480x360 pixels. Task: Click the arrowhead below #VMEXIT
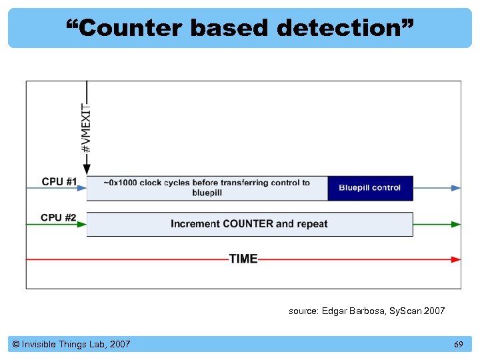tap(87, 170)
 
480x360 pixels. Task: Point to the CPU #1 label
tap(59, 182)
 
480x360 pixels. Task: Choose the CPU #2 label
tap(59, 218)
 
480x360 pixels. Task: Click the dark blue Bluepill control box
tap(370, 188)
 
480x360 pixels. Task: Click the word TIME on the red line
tap(243, 259)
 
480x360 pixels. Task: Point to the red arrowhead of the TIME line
tap(456, 259)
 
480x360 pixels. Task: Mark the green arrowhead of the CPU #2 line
tap(456, 224)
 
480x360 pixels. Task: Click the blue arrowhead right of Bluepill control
tap(456, 188)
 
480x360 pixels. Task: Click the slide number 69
tap(458, 344)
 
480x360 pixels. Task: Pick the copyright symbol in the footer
tap(15, 344)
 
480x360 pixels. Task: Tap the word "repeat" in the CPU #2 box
tap(312, 224)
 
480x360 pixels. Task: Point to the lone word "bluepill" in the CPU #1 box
tap(207, 193)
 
